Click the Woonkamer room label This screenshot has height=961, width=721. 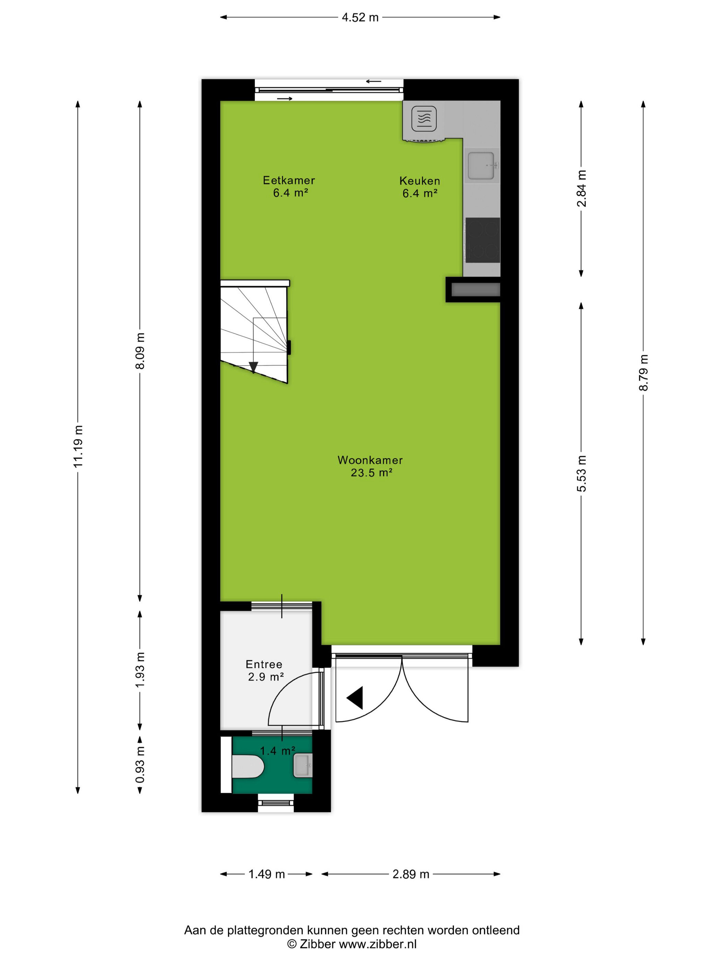[370, 460]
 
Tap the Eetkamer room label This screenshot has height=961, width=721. [289, 180]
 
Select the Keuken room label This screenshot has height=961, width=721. [420, 181]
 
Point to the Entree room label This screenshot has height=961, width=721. [264, 664]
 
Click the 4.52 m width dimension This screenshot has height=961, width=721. [360, 18]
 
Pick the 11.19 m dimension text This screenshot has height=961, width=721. [78, 447]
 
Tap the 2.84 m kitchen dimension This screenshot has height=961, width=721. [582, 188]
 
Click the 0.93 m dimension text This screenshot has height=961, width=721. [140, 765]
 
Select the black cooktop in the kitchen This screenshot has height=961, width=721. [482, 240]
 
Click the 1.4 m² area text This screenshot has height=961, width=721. [278, 750]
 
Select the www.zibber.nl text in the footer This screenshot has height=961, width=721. [378, 943]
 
